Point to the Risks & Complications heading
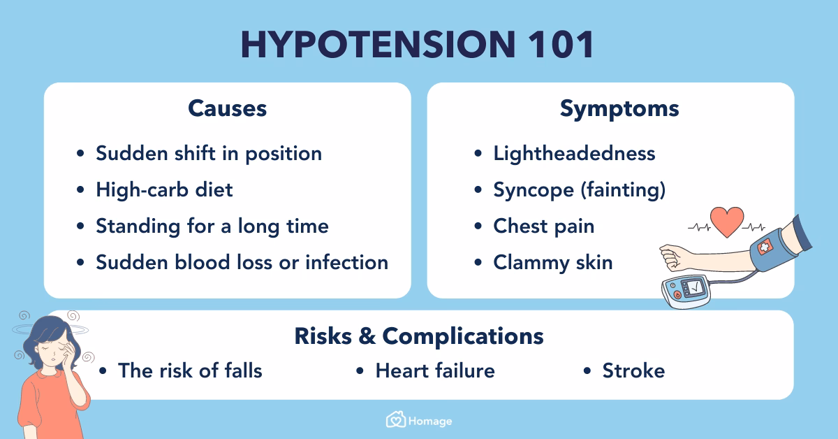point(418,336)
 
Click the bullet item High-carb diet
point(164,189)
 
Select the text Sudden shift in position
point(209,153)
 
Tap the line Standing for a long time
point(212,226)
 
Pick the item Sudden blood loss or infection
point(242,262)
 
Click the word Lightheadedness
point(574,153)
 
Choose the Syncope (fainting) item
point(579,189)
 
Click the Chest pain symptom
point(543,226)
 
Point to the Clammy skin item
point(552,262)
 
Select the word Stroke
point(633,370)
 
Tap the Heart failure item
point(434,370)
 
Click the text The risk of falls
point(190,370)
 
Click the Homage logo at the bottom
point(419,420)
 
